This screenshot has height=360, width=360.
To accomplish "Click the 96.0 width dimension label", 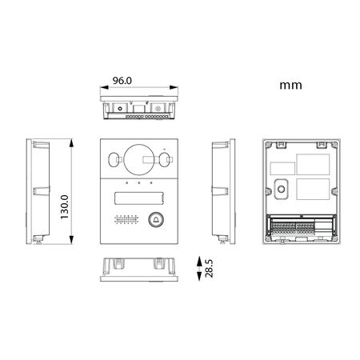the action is coord(122,81).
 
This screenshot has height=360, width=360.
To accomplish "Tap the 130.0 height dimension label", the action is coord(65,207).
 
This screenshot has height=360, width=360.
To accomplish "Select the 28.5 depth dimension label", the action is coord(209,269).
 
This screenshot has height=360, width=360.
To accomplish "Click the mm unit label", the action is coord(290,86).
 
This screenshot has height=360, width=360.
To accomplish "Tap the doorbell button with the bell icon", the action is coord(156,219).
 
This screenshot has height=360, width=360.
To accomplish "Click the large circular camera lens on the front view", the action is coord(139,160).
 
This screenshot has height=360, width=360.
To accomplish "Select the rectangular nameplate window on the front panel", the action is coord(139,198).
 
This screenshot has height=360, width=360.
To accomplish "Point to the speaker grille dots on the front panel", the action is coord(126,219).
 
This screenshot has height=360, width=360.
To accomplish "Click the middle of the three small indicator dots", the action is coord(139,183).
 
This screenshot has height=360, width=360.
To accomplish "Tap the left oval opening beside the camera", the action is coord(114,159).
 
